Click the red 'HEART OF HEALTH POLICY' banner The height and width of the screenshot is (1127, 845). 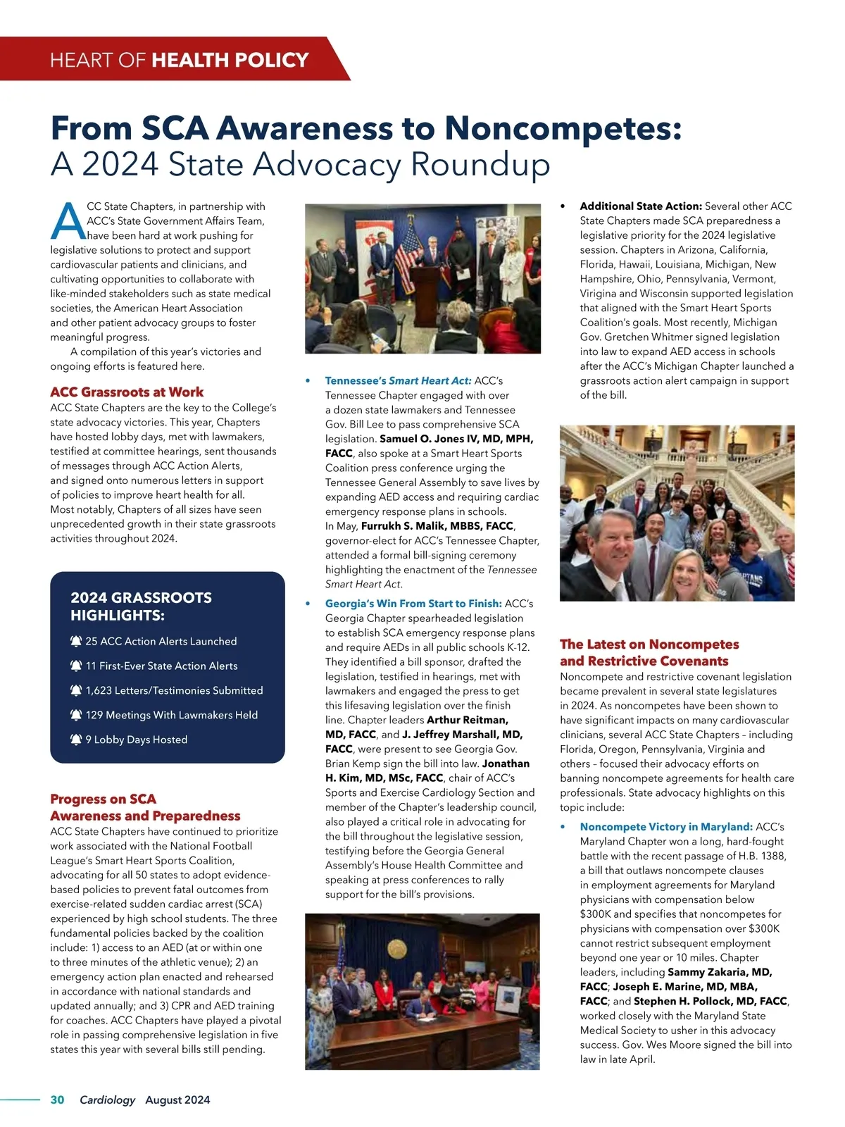point(180,59)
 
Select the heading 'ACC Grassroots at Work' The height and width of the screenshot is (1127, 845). point(127,392)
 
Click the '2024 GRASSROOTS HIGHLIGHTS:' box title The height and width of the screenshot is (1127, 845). point(141,606)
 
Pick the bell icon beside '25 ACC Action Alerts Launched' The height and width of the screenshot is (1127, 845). point(76,642)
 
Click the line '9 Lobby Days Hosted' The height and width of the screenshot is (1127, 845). point(136,740)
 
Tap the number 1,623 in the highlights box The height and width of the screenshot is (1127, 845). point(99,690)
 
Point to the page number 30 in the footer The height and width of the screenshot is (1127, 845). point(57,1100)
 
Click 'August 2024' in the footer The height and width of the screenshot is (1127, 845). point(177,1100)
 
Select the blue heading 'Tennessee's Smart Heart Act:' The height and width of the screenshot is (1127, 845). point(398,380)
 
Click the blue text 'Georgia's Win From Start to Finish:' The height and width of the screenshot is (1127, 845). point(413,604)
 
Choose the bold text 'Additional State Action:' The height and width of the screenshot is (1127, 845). point(641,206)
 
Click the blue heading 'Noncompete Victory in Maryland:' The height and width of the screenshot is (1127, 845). point(666,827)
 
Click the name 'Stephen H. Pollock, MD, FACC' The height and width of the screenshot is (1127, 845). point(710,1001)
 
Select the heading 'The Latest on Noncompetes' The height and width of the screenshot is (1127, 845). point(649,645)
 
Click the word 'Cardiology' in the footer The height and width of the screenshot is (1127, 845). point(107,1100)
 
